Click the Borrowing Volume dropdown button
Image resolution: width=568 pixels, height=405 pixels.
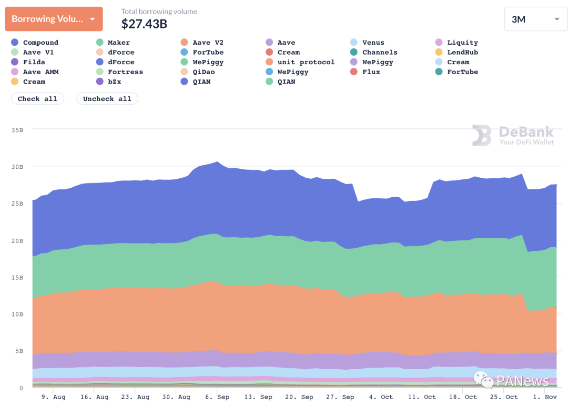click(54, 19)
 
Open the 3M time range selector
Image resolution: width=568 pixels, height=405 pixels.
click(535, 19)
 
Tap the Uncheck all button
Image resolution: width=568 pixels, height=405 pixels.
click(107, 99)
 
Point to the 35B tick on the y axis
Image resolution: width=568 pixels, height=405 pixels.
click(17, 129)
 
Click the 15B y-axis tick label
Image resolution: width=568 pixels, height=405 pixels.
click(17, 277)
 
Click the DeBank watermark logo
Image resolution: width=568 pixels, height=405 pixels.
click(512, 135)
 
